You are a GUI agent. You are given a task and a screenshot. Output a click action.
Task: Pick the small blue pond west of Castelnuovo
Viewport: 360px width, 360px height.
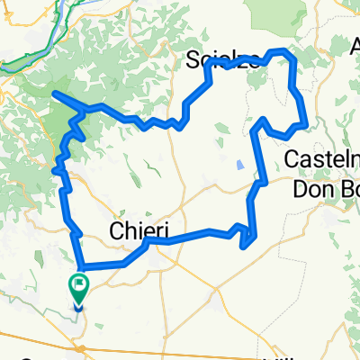(239, 165)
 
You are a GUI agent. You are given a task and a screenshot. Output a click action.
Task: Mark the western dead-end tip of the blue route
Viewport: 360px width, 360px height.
(54, 93)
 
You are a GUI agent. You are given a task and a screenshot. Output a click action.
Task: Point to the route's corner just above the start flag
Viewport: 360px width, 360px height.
(84, 267)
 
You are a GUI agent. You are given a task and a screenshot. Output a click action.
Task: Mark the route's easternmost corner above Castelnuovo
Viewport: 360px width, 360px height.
(308, 124)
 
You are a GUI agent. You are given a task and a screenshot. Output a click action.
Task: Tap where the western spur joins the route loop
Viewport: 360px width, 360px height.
(85, 107)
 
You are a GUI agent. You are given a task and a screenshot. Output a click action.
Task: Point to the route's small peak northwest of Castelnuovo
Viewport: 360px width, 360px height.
(262, 119)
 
